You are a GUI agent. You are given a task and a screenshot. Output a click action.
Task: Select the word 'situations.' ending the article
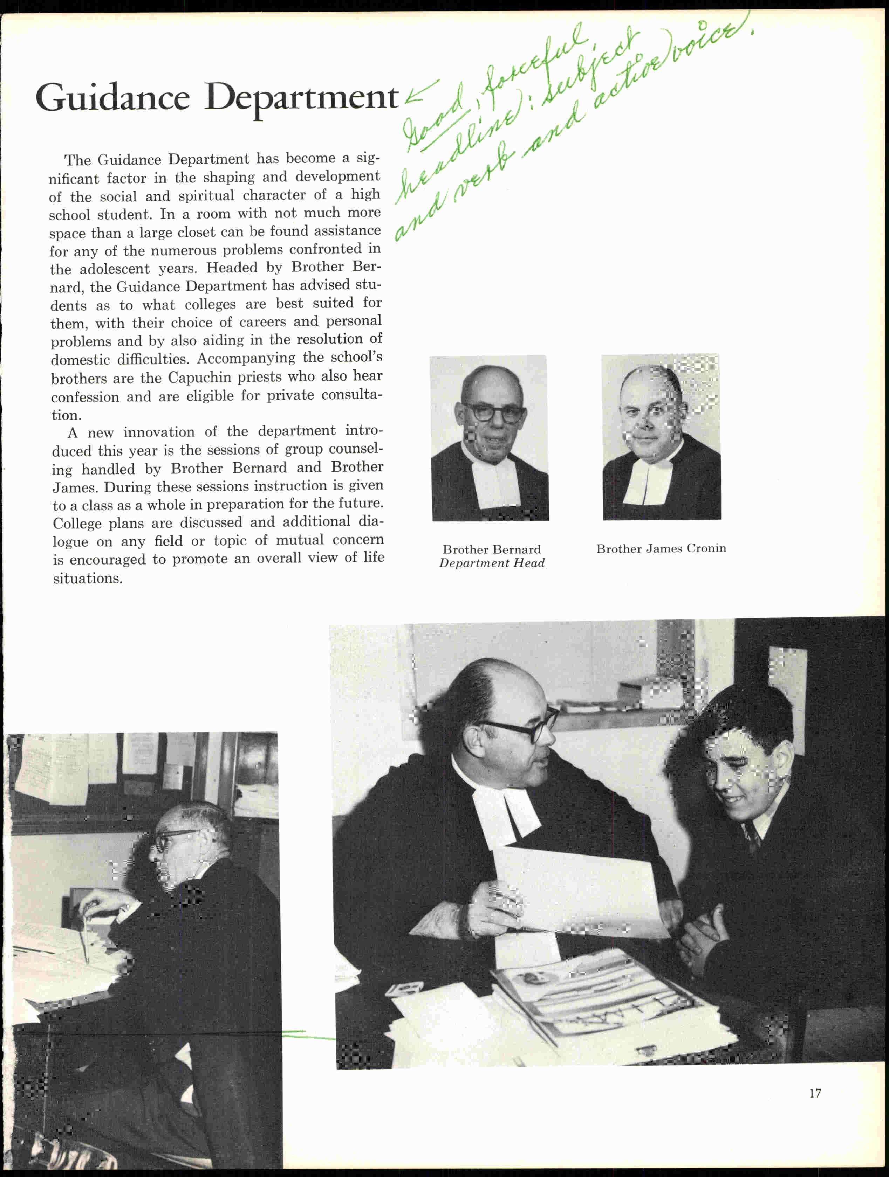(88, 579)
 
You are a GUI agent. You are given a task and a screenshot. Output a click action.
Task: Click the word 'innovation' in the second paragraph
(159, 432)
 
